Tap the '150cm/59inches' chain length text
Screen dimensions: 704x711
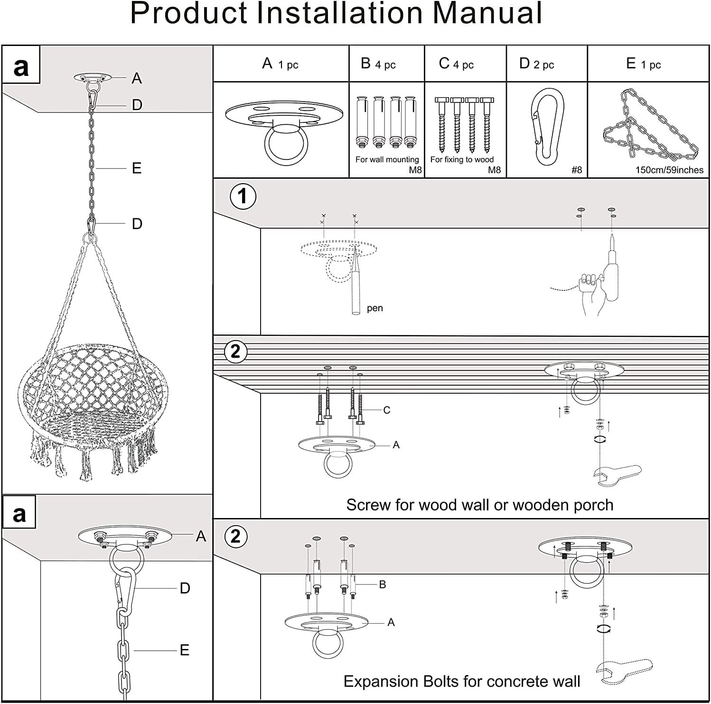tap(669, 170)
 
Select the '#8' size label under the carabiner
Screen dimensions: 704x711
tap(576, 170)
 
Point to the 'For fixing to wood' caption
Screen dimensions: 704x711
tap(461, 159)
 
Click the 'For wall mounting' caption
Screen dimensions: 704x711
tap(387, 159)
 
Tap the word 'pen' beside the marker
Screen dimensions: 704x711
tap(374, 308)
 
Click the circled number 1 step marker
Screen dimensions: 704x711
tap(243, 196)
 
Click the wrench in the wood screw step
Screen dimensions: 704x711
tap(617, 474)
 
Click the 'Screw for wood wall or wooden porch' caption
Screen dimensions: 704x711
tap(479, 505)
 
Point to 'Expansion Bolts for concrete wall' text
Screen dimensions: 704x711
tap(461, 681)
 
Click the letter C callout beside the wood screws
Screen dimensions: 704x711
tap(386, 410)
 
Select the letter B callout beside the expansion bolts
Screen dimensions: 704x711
tap(383, 584)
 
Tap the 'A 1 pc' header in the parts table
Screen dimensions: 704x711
tap(280, 64)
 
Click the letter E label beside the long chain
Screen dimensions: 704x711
tap(137, 168)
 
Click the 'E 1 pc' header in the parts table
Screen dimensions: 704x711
tap(643, 64)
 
